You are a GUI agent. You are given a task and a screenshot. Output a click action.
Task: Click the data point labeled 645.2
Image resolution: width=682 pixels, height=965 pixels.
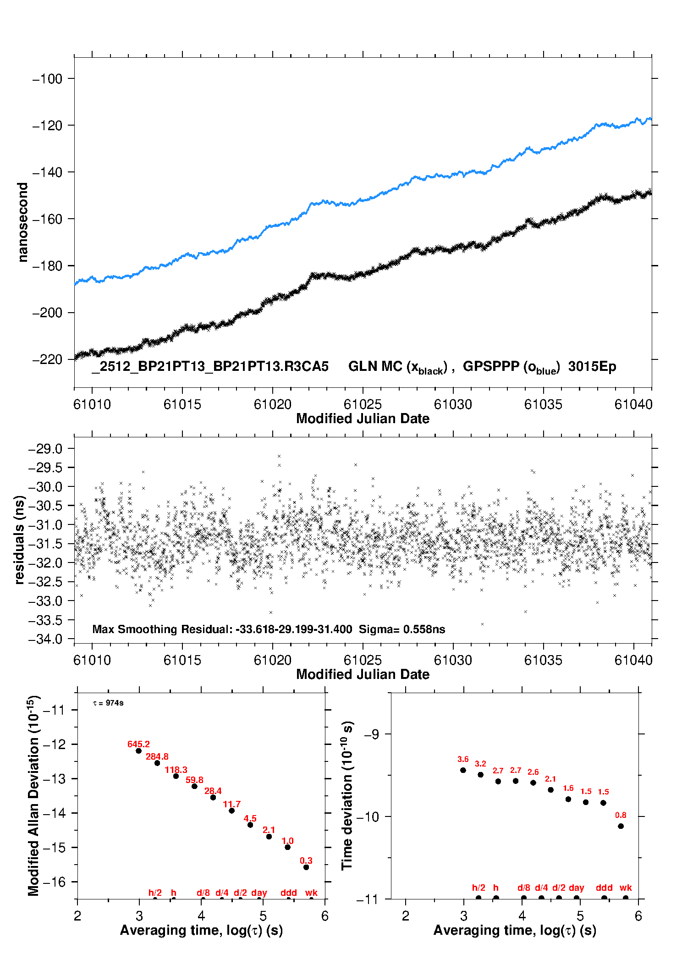(x=138, y=751)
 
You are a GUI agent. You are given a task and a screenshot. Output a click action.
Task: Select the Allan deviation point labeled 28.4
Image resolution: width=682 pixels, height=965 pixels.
(x=213, y=798)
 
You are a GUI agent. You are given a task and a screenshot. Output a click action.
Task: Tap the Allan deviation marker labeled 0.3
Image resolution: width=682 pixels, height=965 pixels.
(x=306, y=867)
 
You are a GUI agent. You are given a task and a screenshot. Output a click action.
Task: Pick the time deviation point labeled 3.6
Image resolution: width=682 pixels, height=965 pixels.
(x=463, y=770)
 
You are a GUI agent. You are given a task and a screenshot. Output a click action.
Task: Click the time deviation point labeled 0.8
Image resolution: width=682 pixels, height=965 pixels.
(x=621, y=826)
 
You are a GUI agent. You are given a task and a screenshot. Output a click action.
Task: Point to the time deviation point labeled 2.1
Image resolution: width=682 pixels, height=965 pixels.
(x=550, y=789)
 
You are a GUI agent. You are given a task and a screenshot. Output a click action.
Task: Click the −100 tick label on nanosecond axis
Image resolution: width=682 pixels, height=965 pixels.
(x=47, y=79)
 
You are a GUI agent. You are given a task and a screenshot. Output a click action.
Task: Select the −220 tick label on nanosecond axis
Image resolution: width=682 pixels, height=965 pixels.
(x=47, y=359)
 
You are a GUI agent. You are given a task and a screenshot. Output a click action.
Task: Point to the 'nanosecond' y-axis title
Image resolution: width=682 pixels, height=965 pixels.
(x=22, y=222)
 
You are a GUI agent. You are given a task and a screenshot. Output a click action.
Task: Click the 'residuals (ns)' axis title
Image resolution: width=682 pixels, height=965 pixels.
(x=19, y=540)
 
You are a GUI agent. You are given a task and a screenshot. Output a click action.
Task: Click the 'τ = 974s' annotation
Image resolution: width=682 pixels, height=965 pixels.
(x=108, y=703)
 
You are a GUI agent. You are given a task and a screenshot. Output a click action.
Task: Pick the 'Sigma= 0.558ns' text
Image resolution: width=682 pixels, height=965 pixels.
(x=401, y=629)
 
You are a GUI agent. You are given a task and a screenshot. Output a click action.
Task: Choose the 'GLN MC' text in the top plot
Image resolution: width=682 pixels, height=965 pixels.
(x=375, y=366)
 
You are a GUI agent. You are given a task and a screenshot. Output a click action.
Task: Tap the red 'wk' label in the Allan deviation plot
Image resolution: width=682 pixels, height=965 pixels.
(x=311, y=893)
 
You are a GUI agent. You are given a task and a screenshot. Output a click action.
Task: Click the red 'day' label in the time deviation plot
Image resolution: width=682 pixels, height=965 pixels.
(x=576, y=888)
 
